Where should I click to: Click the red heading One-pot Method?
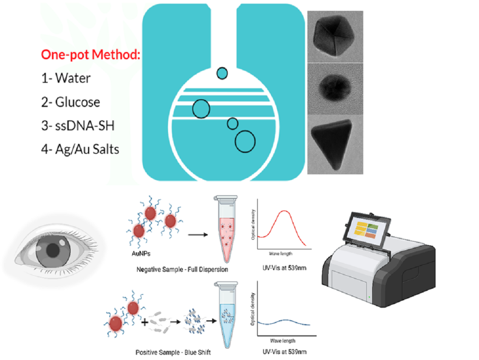(x=90, y=55)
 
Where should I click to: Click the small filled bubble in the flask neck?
(x=222, y=73)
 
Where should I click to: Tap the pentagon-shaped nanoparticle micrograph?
(x=335, y=37)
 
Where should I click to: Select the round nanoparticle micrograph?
(x=335, y=88)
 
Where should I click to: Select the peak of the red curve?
(x=283, y=211)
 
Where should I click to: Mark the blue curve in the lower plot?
(x=283, y=323)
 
